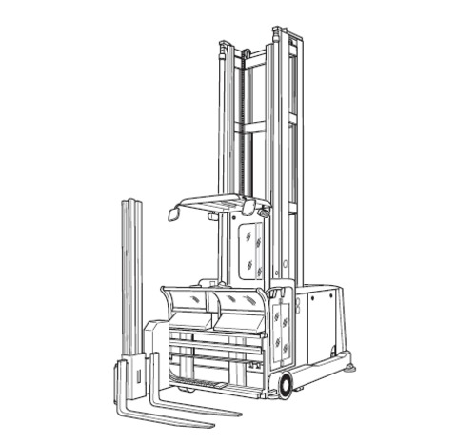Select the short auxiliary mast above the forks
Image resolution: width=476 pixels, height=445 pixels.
point(131,276)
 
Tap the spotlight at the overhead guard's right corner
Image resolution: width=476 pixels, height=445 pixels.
point(249,207)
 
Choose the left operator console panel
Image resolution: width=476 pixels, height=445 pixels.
point(189,308)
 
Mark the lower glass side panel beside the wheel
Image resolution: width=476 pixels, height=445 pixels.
point(280,329)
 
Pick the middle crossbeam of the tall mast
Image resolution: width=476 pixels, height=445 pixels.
point(252,127)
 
